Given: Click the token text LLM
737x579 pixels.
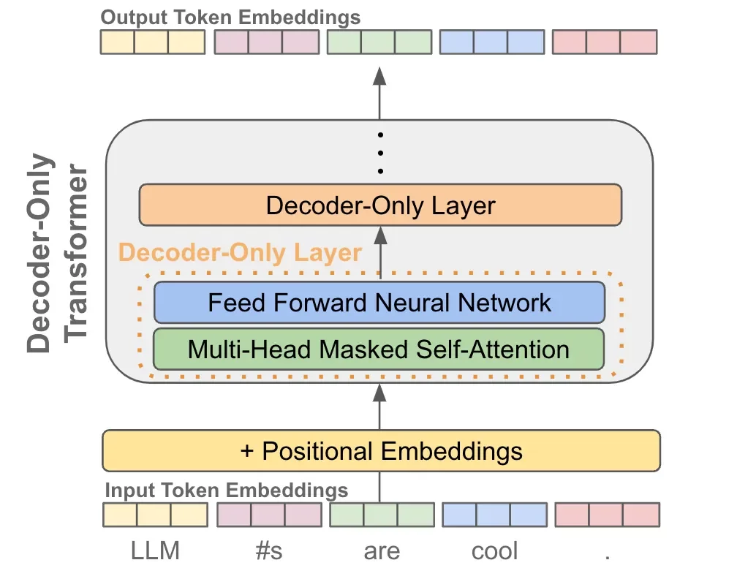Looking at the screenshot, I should (156, 550).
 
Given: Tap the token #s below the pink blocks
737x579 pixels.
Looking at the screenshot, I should (268, 550).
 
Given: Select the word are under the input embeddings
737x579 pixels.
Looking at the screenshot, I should (381, 550).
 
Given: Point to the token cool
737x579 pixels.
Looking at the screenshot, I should (494, 550).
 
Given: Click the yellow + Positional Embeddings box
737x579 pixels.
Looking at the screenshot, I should (381, 450).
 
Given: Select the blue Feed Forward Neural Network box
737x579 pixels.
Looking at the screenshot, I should (379, 302).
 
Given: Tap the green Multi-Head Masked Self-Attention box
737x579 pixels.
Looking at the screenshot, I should (379, 349).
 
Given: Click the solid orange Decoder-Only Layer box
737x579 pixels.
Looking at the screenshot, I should (380, 205).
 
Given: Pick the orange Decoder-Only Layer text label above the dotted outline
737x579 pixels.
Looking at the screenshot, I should (240, 253).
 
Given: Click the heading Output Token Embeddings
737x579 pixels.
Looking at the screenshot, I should (230, 16).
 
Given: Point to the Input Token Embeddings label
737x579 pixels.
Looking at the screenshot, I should (226, 489).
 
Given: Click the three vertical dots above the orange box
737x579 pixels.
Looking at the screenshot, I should (380, 153).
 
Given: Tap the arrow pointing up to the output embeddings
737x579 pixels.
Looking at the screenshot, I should (379, 91).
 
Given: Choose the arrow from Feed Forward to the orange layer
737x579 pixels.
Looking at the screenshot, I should (379, 252).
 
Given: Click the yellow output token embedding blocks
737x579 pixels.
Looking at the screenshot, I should (152, 42).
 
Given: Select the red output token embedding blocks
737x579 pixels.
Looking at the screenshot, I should (605, 42).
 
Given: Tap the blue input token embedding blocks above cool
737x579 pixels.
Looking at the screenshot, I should (494, 515).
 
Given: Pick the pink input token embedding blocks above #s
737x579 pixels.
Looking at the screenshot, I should (268, 515).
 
